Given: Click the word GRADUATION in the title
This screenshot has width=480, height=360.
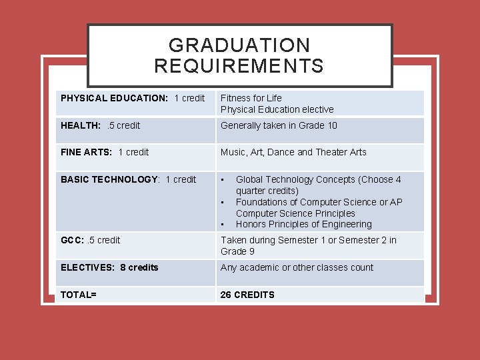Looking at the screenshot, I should pyautogui.click(x=239, y=45).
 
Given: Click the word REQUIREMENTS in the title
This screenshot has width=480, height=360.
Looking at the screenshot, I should pyautogui.click(x=239, y=66).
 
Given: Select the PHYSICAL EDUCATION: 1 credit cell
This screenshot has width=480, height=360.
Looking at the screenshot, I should pyautogui.click(x=133, y=98).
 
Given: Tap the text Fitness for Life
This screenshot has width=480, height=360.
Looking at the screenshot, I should pyautogui.click(x=251, y=98).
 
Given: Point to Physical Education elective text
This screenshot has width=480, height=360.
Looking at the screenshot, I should pyautogui.click(x=277, y=109).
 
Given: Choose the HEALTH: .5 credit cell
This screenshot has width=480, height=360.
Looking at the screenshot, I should pyautogui.click(x=101, y=125).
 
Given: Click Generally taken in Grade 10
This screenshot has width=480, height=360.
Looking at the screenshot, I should pyautogui.click(x=279, y=125).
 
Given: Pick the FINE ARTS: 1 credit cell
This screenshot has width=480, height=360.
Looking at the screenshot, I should pyautogui.click(x=105, y=152).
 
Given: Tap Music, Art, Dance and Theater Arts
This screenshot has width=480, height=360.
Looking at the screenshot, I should pyautogui.click(x=293, y=152).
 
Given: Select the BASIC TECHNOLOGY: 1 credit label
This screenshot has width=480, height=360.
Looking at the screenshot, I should pyautogui.click(x=128, y=179).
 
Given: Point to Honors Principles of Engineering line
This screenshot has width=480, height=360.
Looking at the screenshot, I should pyautogui.click(x=303, y=224).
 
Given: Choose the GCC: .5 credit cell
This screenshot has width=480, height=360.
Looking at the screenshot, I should pyautogui.click(x=91, y=240).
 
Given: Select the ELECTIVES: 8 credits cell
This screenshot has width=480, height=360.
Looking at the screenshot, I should pyautogui.click(x=109, y=267).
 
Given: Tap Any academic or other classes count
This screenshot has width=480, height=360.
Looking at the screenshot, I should pyautogui.click(x=297, y=267).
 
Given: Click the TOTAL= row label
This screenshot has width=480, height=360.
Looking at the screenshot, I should pyautogui.click(x=79, y=295).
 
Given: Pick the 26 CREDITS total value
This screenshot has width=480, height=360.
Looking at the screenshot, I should pyautogui.click(x=247, y=295).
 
